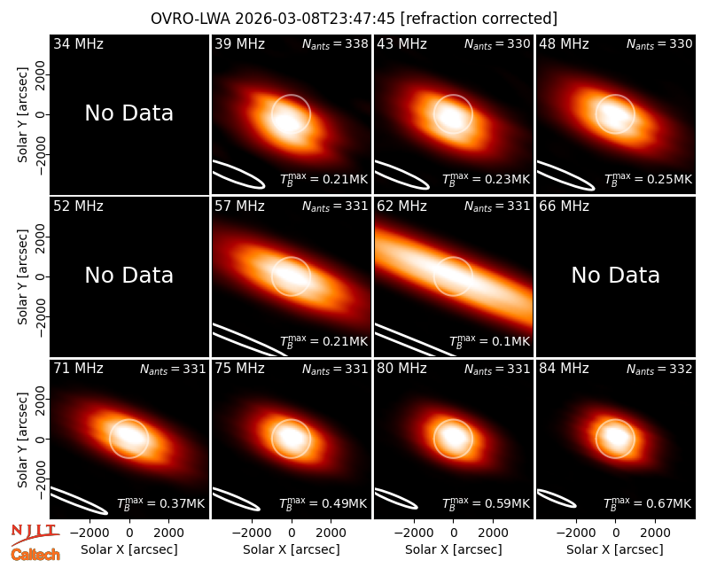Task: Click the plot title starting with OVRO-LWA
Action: coord(354,19)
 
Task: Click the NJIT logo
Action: coord(35,534)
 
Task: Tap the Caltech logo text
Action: coord(35,555)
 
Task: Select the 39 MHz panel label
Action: coord(239,43)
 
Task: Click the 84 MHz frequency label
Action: coord(564,369)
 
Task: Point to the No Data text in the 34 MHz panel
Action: coord(129,113)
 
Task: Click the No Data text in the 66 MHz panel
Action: coord(616,275)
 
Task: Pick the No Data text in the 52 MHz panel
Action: coord(129,275)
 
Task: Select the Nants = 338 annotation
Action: coord(335,43)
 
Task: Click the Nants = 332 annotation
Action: coord(659,369)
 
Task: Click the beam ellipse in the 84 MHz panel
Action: coord(557,498)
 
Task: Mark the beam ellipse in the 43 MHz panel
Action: coord(402,175)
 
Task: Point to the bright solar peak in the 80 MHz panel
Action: coord(453,436)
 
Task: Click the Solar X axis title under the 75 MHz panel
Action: coord(292,549)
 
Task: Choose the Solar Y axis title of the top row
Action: coord(23,115)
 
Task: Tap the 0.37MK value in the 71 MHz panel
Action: coord(161,503)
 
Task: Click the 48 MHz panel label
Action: coord(564,43)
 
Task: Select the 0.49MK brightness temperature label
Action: coord(323,503)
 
